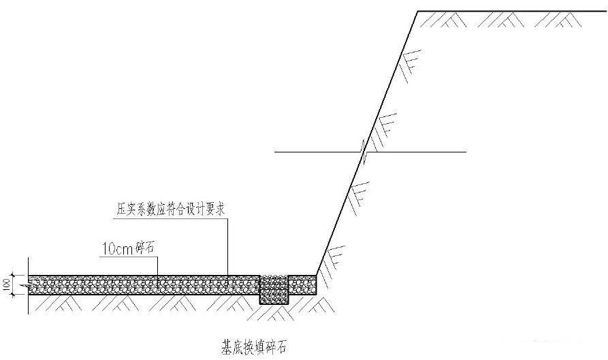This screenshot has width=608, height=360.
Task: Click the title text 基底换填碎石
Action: (253, 347)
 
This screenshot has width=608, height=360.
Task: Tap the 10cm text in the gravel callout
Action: (118, 248)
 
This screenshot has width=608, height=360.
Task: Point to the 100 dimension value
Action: (7, 285)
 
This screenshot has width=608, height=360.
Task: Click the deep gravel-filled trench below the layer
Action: (274, 289)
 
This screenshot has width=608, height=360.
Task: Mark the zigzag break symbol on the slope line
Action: (364, 152)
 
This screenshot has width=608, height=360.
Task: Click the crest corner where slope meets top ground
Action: (417, 12)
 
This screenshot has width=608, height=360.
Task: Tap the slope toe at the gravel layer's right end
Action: (317, 276)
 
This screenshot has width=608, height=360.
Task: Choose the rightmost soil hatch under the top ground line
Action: (558, 19)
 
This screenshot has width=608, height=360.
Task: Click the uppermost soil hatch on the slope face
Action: (411, 65)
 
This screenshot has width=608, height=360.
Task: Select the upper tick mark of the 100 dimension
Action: (13, 275)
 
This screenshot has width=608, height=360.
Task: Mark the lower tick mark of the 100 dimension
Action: (13, 295)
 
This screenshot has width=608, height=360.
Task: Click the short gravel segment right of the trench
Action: (302, 285)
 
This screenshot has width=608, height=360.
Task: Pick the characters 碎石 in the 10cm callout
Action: (144, 248)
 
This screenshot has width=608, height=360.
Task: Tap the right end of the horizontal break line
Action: (466, 152)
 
